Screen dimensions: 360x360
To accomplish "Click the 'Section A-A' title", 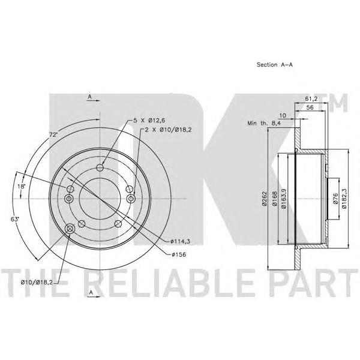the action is (x=275, y=65).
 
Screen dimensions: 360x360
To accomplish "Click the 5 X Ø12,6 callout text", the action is (x=149, y=121).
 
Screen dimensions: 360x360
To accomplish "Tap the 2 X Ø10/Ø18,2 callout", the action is (x=168, y=130).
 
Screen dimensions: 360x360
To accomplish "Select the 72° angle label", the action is (x=53, y=135).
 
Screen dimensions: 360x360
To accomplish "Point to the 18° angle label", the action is (x=21, y=186).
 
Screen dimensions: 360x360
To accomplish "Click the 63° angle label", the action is (x=14, y=219).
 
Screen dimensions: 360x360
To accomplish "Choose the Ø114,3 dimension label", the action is (x=181, y=241).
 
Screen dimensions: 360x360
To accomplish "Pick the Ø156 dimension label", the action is (x=179, y=254).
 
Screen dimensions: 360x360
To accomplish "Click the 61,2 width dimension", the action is (x=311, y=99).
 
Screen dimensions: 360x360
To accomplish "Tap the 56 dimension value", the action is (x=310, y=107).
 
